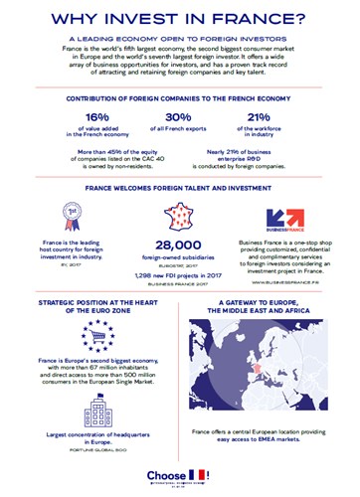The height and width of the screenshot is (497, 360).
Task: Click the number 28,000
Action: [x=179, y=246]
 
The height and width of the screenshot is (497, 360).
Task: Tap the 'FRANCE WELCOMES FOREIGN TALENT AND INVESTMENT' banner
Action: [x=180, y=184]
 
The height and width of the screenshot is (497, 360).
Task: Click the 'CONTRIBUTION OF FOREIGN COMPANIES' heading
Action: [x=180, y=99]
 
